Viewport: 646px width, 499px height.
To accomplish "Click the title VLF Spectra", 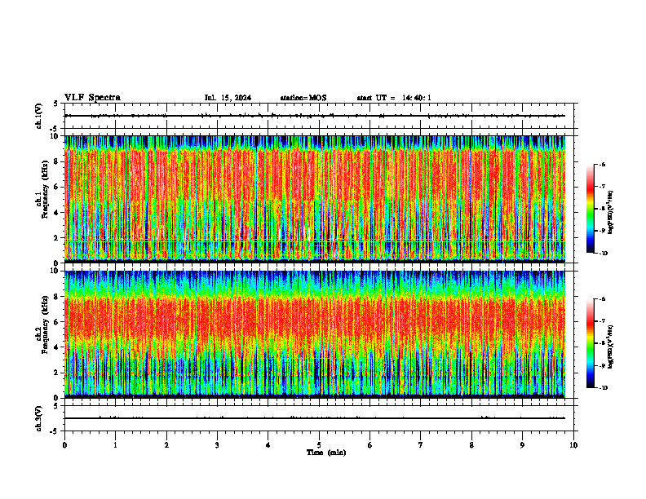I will (92, 97).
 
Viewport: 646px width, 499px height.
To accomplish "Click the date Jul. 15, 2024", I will (228, 98).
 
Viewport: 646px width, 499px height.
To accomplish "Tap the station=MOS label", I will (303, 98).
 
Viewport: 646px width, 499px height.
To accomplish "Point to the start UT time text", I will (394, 98).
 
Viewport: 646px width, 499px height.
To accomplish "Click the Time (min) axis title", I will (325, 453).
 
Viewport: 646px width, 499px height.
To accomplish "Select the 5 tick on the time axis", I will (319, 445).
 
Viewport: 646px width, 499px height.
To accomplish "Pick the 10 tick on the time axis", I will (573, 445).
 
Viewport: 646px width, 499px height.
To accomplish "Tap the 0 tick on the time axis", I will (64, 445).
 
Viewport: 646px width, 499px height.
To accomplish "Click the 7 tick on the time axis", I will (421, 445).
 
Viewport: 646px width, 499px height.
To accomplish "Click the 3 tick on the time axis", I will (217, 445).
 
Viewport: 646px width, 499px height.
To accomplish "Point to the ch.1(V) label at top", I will (39, 116).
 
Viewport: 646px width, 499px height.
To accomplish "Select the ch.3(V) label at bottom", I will (39, 417).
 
